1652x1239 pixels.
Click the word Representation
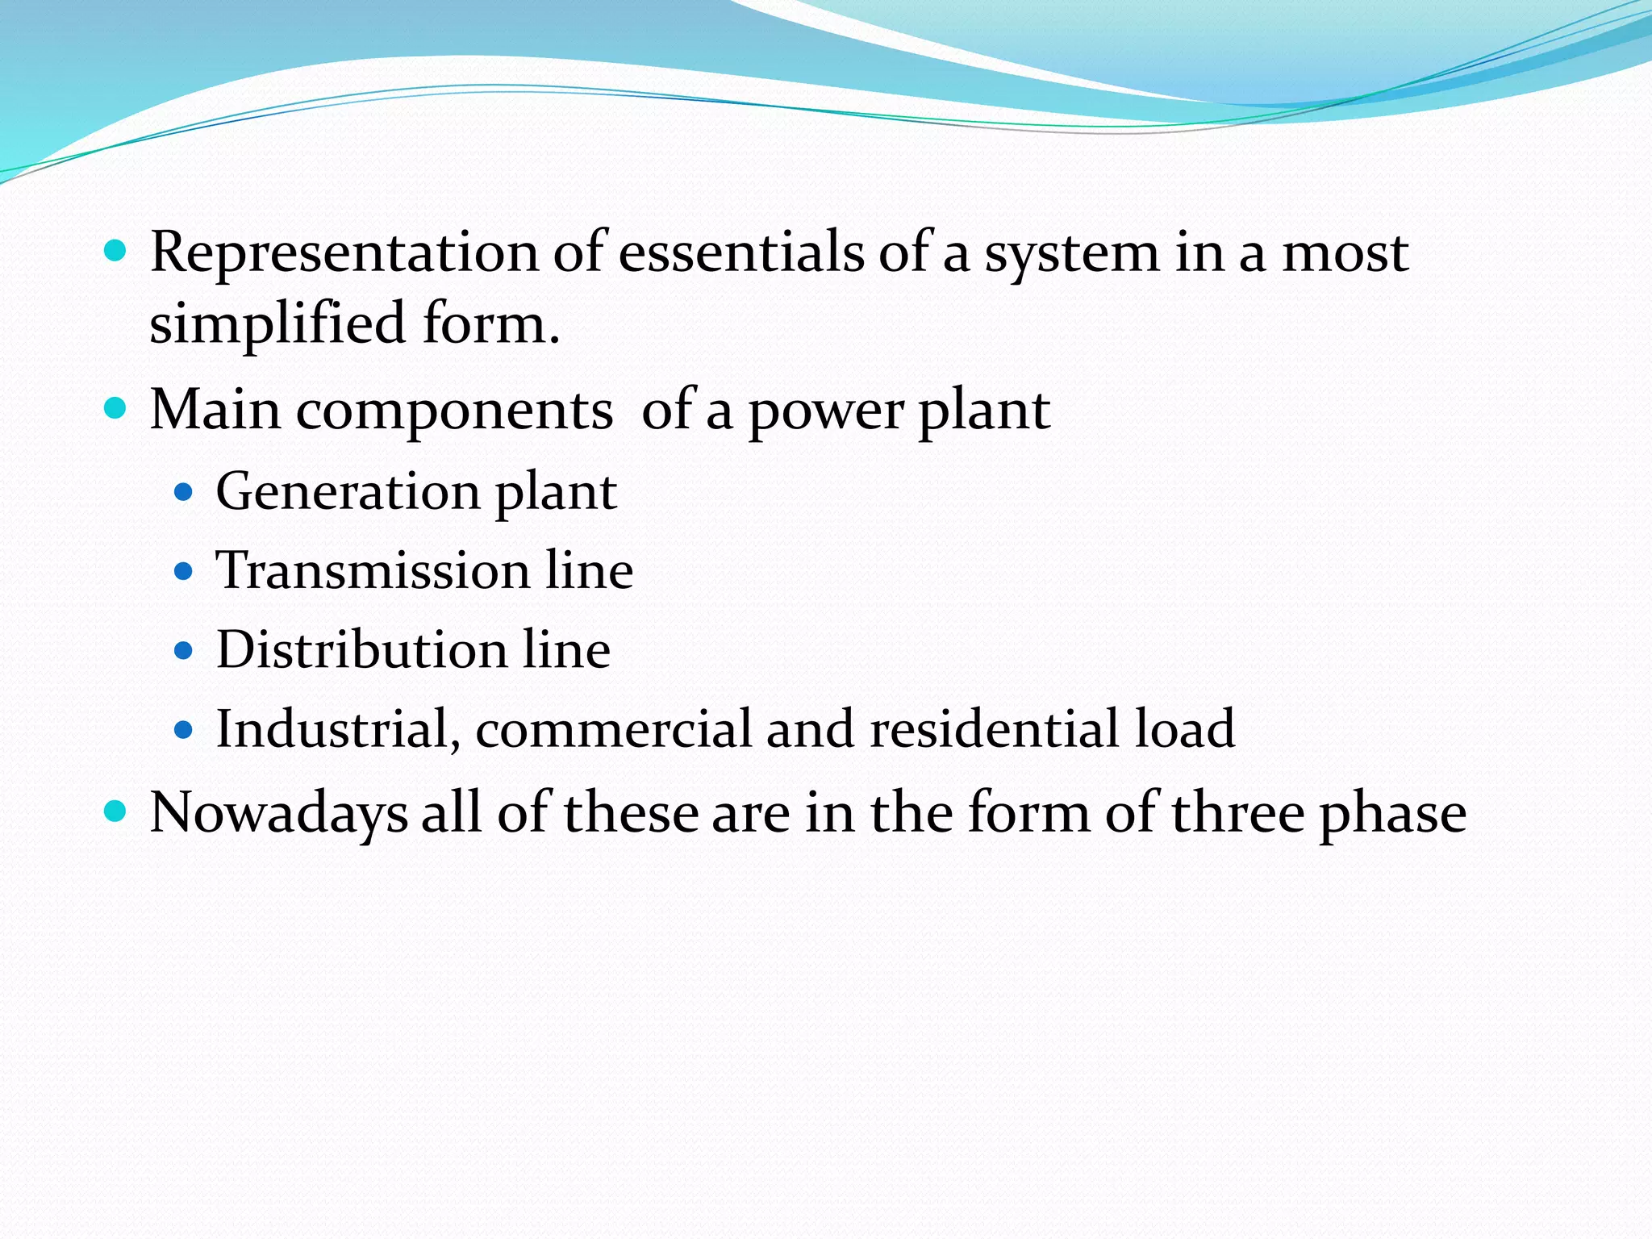pyautogui.click(x=344, y=253)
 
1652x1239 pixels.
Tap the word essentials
pyautogui.click(x=740, y=253)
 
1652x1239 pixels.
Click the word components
pyautogui.click(x=454, y=411)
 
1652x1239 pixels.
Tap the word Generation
pyautogui.click(x=348, y=492)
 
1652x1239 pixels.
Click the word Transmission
pyautogui.click(x=373, y=571)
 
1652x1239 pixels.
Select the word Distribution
pyautogui.click(x=361, y=650)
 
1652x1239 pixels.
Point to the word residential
pyautogui.click(x=994, y=729)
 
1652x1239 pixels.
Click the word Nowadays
pyautogui.click(x=278, y=813)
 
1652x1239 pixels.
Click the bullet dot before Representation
pyautogui.click(x=116, y=252)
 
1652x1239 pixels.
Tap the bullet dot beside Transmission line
pyautogui.click(x=184, y=572)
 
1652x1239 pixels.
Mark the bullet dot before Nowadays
pyautogui.click(x=116, y=811)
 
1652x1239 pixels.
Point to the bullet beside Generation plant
pyautogui.click(x=184, y=492)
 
